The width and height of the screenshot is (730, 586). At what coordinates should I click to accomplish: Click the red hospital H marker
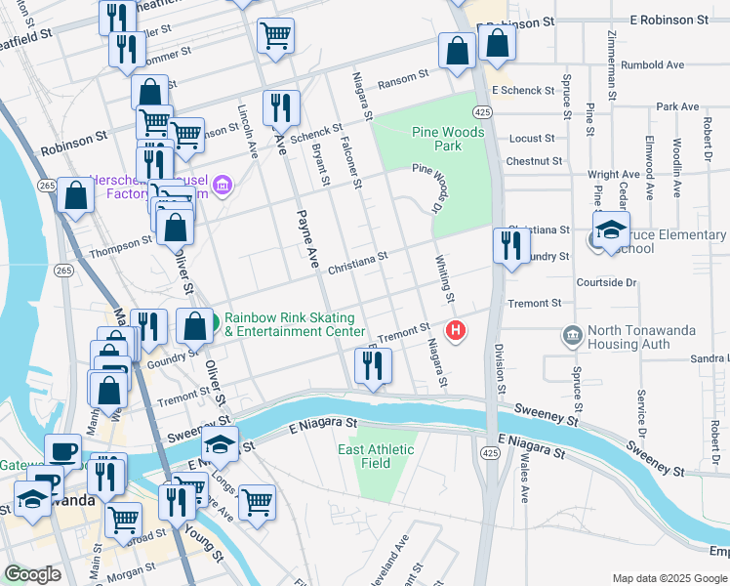[455, 332]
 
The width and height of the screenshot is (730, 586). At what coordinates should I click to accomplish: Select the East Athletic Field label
[376, 456]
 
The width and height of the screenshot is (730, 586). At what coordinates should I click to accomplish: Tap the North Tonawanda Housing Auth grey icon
[572, 337]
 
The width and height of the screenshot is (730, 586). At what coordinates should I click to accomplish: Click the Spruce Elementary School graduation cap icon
[611, 232]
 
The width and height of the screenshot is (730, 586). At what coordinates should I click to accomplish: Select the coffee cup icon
[63, 452]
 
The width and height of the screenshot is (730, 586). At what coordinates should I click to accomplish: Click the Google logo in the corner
[33, 574]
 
